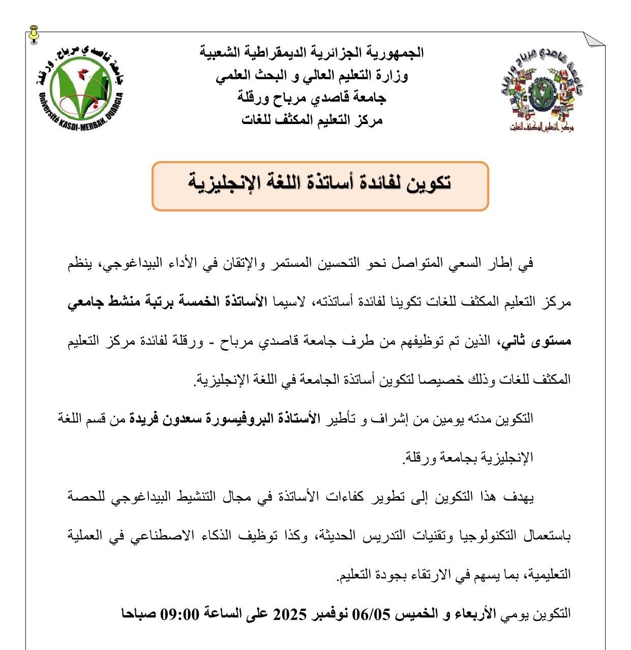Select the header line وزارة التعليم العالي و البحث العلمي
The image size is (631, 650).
pyautogui.click(x=311, y=76)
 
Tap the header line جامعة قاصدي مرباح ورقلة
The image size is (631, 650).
pyautogui.click(x=311, y=98)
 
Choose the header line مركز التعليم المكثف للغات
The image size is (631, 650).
pyautogui.click(x=311, y=120)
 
